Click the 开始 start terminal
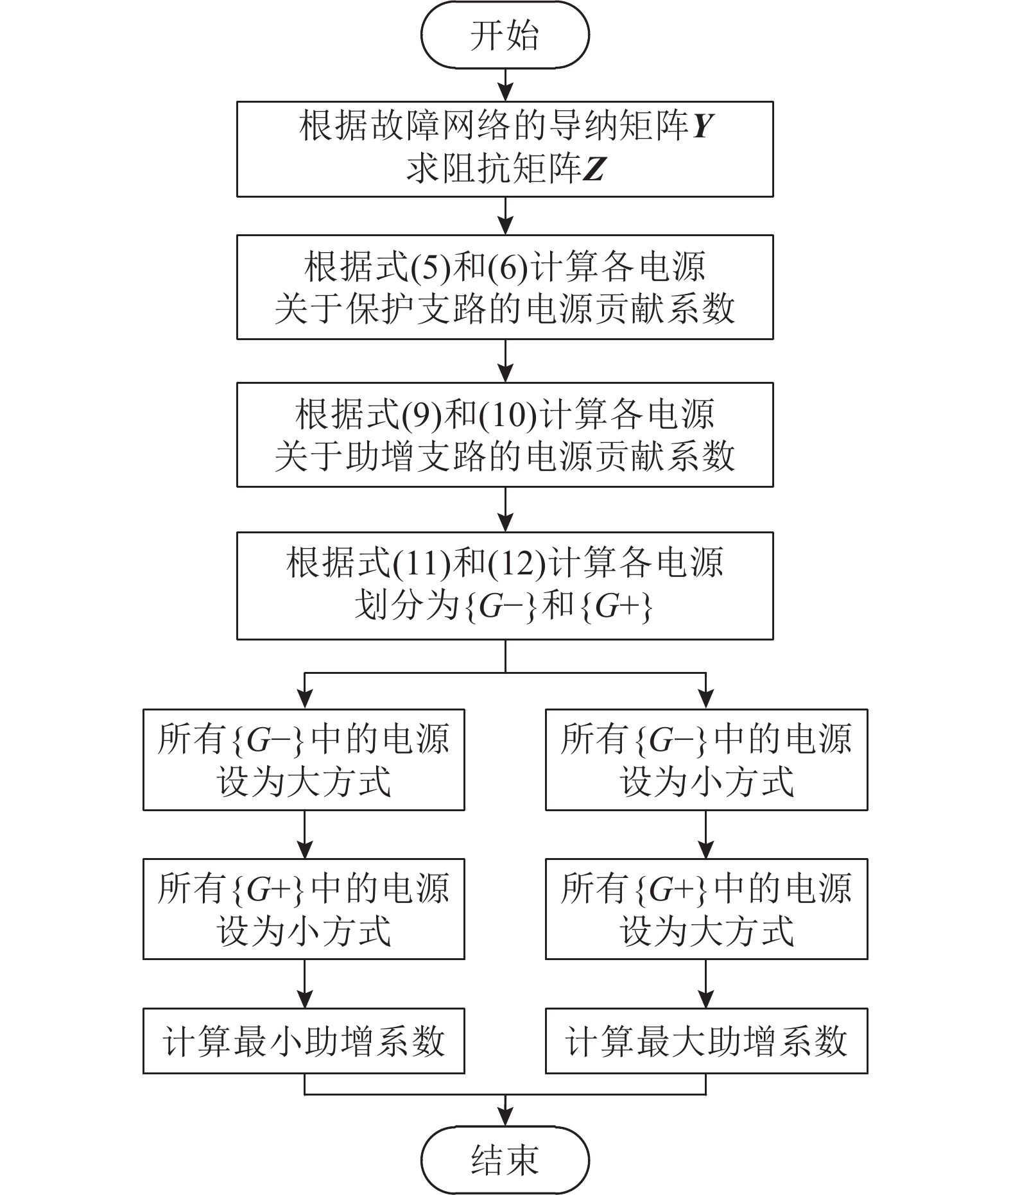pyautogui.click(x=505, y=35)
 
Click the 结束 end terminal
pyautogui.click(x=505, y=1160)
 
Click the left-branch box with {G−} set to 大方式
pyautogui.click(x=304, y=760)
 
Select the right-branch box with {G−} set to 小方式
pyautogui.click(x=706, y=760)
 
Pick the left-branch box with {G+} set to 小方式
pyautogui.click(x=304, y=909)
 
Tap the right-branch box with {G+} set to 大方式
pyautogui.click(x=706, y=909)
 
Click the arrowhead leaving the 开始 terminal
pyautogui.click(x=505, y=93)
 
